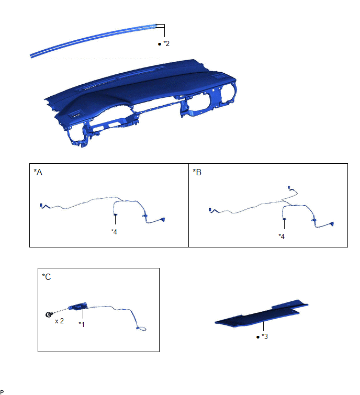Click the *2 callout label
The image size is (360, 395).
(x=166, y=43)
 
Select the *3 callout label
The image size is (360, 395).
(x=265, y=336)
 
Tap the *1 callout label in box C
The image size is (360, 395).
(x=82, y=324)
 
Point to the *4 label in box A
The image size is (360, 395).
(x=114, y=232)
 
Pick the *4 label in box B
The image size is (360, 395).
(x=282, y=236)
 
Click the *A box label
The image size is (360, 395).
(x=38, y=172)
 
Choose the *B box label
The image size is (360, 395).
(x=197, y=172)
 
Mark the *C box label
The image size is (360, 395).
(x=47, y=277)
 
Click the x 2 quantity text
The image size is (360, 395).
(x=60, y=321)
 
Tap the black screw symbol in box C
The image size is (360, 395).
(x=49, y=314)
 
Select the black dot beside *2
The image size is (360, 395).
(x=159, y=44)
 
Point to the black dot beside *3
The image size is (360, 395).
(x=258, y=337)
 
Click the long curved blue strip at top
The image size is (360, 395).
(x=93, y=40)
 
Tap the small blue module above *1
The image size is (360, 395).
(x=78, y=307)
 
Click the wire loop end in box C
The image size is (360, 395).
(x=141, y=329)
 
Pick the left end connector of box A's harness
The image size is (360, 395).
(x=41, y=206)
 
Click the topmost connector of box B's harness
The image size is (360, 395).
(x=289, y=187)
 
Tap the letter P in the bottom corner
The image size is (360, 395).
(x=2, y=392)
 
